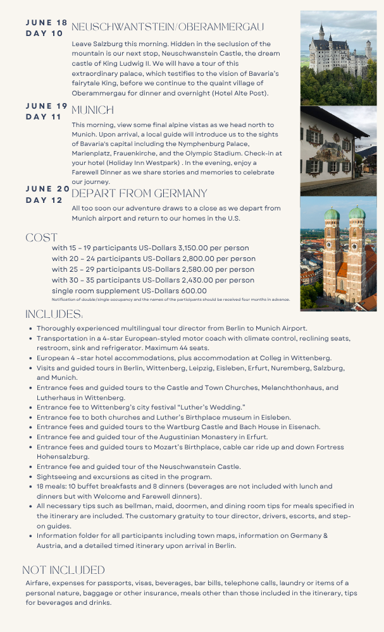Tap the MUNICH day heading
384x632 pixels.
pos(92,110)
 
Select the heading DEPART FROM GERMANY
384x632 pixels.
pos(139,193)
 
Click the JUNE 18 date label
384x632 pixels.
pos(46,23)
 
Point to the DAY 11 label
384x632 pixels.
pos(44,117)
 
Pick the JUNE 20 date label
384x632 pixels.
pos(47,189)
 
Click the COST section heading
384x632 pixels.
pos(41,238)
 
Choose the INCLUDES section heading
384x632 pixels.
pos(54,314)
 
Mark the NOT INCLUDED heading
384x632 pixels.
pos(63,570)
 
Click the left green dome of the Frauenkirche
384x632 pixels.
pos(332,214)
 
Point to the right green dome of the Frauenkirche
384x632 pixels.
pos(357,212)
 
